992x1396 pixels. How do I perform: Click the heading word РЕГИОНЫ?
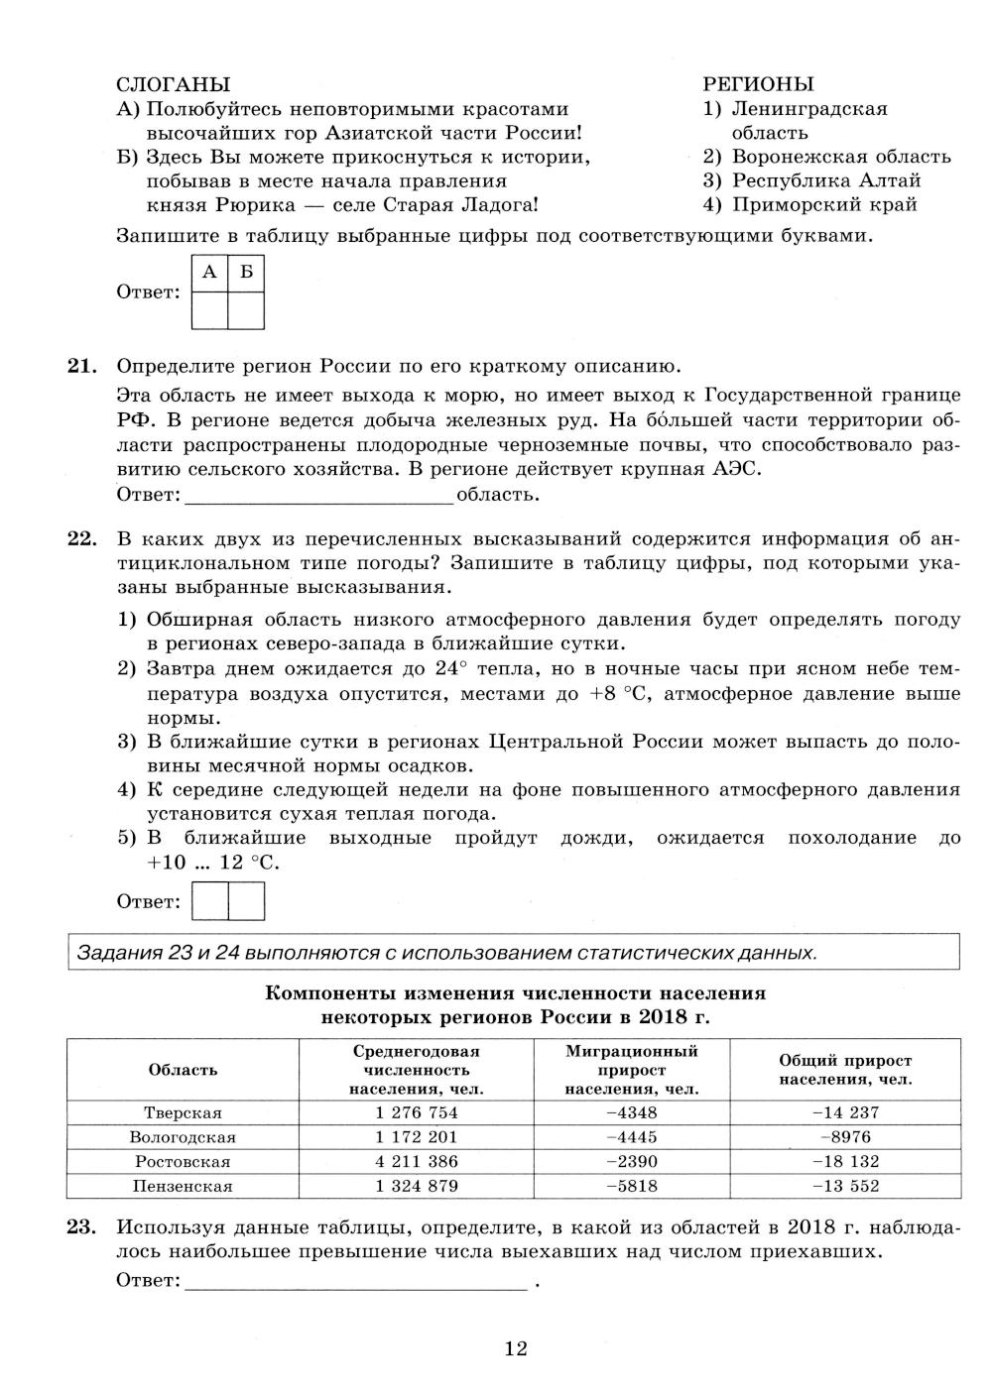[758, 84]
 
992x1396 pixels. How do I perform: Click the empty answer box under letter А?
[209, 310]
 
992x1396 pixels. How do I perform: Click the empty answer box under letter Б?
[246, 310]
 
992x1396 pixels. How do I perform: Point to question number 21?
[81, 366]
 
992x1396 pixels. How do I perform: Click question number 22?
[81, 539]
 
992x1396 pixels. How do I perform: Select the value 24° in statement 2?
[444, 668]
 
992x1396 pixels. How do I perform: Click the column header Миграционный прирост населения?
[632, 1070]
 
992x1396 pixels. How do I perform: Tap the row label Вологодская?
[183, 1137]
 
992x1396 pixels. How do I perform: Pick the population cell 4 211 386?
[417, 1161]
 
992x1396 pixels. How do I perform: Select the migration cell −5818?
[632, 1186]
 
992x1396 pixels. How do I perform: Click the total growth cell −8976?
[845, 1137]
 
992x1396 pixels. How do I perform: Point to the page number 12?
[516, 1348]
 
